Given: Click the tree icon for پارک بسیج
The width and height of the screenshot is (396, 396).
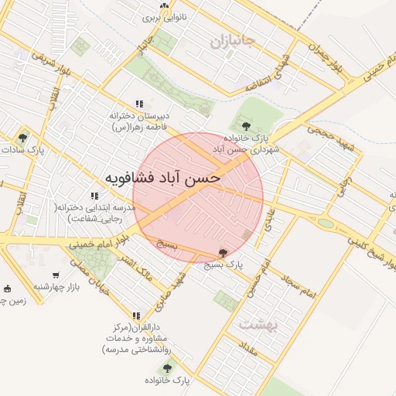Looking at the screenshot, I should point(224,252).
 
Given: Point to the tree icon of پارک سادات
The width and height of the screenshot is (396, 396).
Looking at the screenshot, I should point(22,138).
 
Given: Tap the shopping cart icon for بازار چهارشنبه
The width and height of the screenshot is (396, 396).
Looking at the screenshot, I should point(56,275).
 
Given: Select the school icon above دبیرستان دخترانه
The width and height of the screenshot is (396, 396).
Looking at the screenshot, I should point(139,104).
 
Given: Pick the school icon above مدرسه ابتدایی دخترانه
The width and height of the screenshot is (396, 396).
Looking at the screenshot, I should point(94,196).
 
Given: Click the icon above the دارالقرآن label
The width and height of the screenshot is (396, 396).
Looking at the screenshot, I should point(137,316).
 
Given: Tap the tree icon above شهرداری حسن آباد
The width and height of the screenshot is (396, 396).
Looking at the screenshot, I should point(246,125).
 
